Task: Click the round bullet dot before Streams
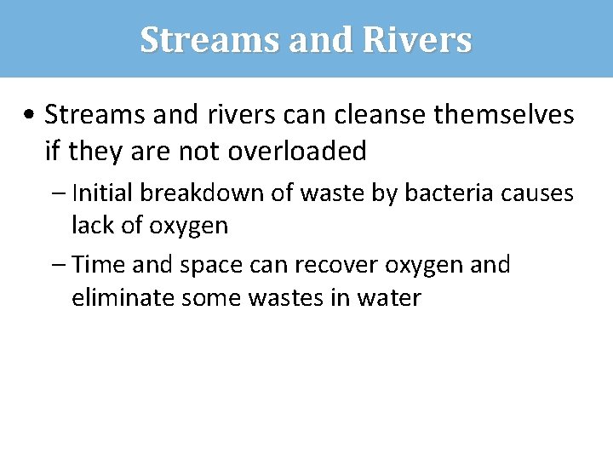(31, 114)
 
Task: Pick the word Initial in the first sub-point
(103, 193)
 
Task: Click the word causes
(538, 193)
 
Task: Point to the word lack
(91, 226)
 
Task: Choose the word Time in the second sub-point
(100, 265)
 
